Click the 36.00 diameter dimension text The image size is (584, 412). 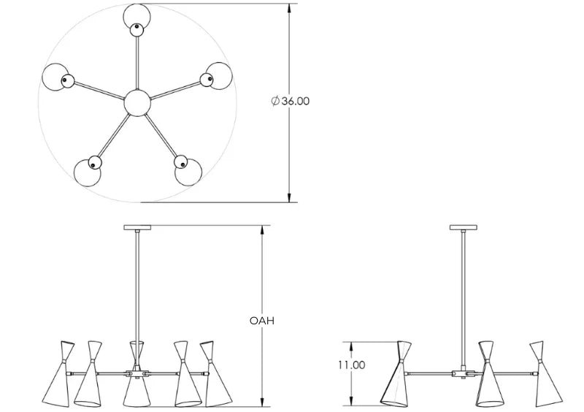click(291, 102)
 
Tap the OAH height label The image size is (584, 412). click(261, 320)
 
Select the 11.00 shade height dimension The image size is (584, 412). click(352, 365)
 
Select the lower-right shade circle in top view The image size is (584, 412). click(187, 170)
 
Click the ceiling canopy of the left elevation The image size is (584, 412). click(137, 226)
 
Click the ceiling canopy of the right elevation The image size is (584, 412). click(462, 226)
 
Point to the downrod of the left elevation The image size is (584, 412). click(137, 285)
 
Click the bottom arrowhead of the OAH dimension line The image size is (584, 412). click(262, 403)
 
